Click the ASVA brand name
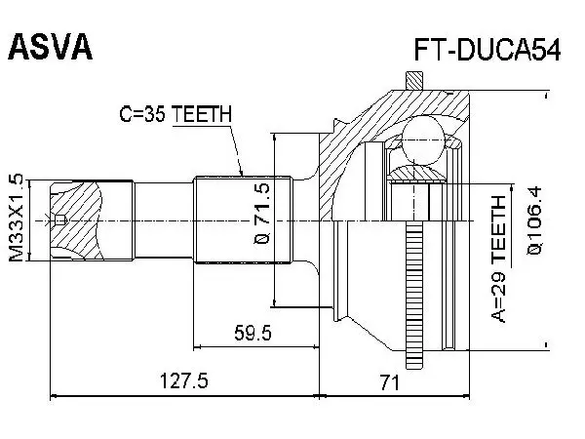50,47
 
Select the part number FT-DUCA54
487,51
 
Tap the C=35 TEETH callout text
175,114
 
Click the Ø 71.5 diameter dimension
262,213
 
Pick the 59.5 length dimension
253,333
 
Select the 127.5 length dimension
183,381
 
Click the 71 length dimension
390,382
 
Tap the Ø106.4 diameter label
535,220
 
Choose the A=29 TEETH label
498,259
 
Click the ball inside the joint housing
423,140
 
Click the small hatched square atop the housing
414,80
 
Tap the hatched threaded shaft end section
76,220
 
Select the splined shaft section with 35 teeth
243,219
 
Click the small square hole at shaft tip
60,220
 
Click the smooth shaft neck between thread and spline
164,220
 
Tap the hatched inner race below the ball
417,174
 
